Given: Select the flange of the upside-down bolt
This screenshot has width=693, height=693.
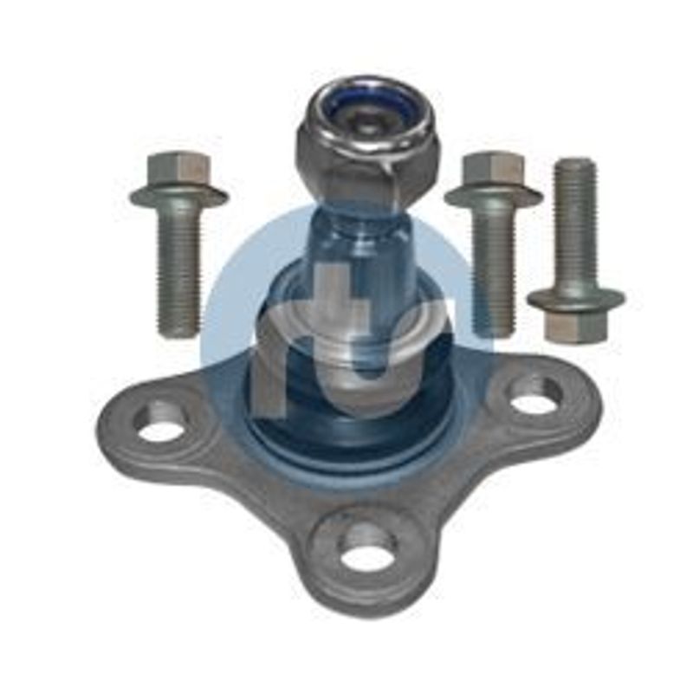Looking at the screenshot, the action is click(575, 297).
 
